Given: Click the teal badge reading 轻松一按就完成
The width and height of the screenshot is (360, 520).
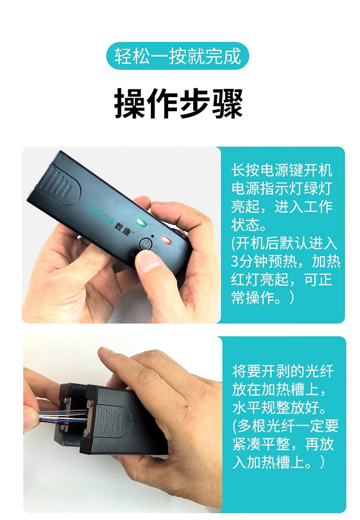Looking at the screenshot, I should [x=178, y=56].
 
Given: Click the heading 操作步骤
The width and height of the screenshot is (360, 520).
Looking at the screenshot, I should [x=178, y=103].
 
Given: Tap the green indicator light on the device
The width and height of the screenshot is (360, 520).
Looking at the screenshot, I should [x=141, y=222].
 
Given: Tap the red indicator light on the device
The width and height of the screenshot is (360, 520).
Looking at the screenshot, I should [x=166, y=239].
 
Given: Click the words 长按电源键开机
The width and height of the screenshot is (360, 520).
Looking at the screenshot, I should [x=281, y=170].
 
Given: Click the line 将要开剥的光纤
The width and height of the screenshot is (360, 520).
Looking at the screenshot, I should [x=283, y=371].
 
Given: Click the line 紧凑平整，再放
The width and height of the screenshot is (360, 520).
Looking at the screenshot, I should [x=283, y=444].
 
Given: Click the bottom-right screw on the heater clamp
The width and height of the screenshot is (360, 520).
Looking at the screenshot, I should [x=87, y=434].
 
